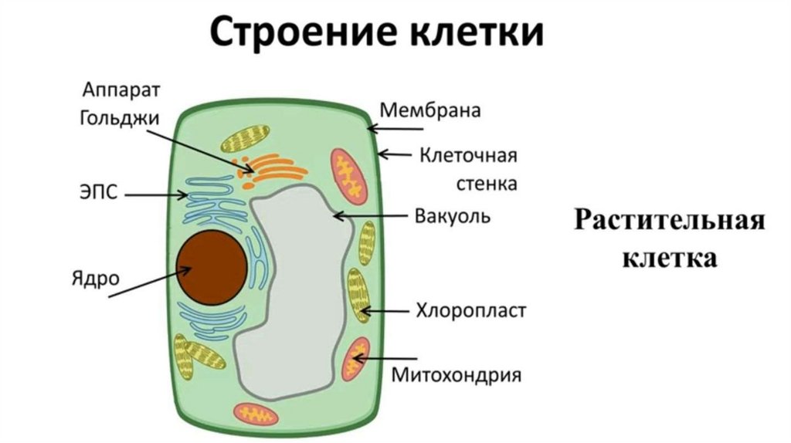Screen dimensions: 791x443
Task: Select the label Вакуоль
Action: (x=452, y=215)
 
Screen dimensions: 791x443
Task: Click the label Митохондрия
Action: (x=457, y=376)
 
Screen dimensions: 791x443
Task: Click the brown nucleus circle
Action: (x=211, y=266)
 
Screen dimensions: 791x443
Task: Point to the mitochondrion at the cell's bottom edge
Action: (x=256, y=414)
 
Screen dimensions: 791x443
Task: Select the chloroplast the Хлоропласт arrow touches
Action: (x=358, y=295)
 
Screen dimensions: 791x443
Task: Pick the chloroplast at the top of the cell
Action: (x=245, y=137)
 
